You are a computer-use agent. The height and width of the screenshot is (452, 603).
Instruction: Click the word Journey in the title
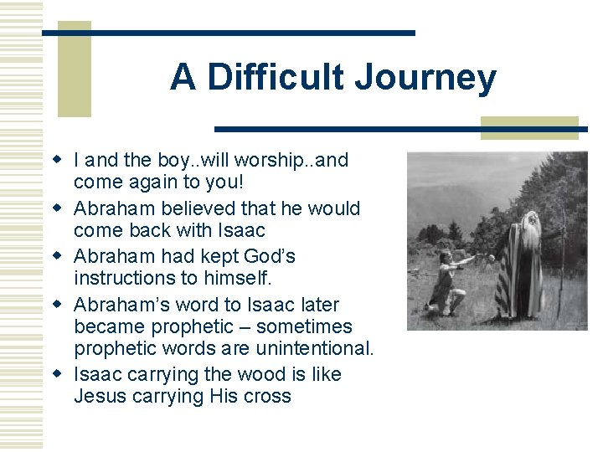pyautogui.click(x=425, y=79)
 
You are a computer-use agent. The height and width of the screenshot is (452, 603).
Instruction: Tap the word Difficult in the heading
pyautogui.click(x=276, y=78)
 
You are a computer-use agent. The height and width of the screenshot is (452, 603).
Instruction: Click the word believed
pyautogui.click(x=193, y=208)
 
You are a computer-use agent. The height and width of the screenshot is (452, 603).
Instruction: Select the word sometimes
pyautogui.click(x=305, y=326)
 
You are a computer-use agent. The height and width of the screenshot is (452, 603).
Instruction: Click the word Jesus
pyautogui.click(x=100, y=396)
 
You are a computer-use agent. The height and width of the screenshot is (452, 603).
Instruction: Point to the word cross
pyautogui.click(x=266, y=396)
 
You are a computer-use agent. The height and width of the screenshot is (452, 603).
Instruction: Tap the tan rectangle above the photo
pyautogui.click(x=529, y=127)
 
